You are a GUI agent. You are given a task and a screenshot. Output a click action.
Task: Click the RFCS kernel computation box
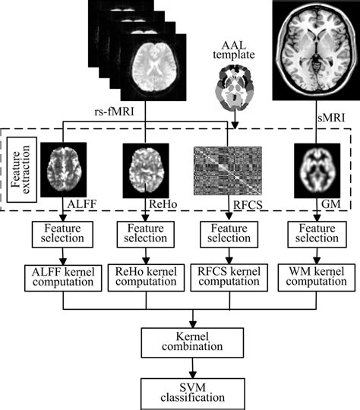(x=226, y=277)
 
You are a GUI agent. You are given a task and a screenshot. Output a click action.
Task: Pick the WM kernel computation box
(x=308, y=277)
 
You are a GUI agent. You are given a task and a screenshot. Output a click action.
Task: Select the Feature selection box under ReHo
(x=145, y=233)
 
